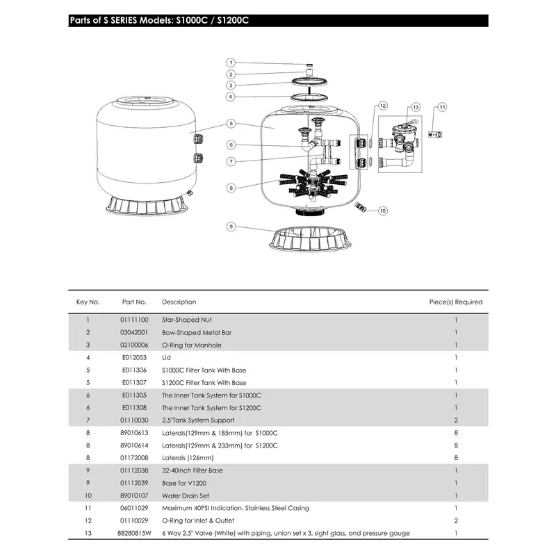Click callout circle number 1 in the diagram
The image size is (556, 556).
[231, 63]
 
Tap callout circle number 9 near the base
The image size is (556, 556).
[231, 227]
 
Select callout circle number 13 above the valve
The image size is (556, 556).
[416, 108]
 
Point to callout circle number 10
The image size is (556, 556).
[382, 210]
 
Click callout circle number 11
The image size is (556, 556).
[442, 108]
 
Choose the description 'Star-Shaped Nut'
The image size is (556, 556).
[183, 320]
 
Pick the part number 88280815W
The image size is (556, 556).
[133, 533]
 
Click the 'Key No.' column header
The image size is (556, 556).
[88, 302]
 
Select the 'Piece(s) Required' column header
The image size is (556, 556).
[455, 302]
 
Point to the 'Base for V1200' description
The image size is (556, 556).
[184, 483]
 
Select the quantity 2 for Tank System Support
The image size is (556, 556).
[456, 420]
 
